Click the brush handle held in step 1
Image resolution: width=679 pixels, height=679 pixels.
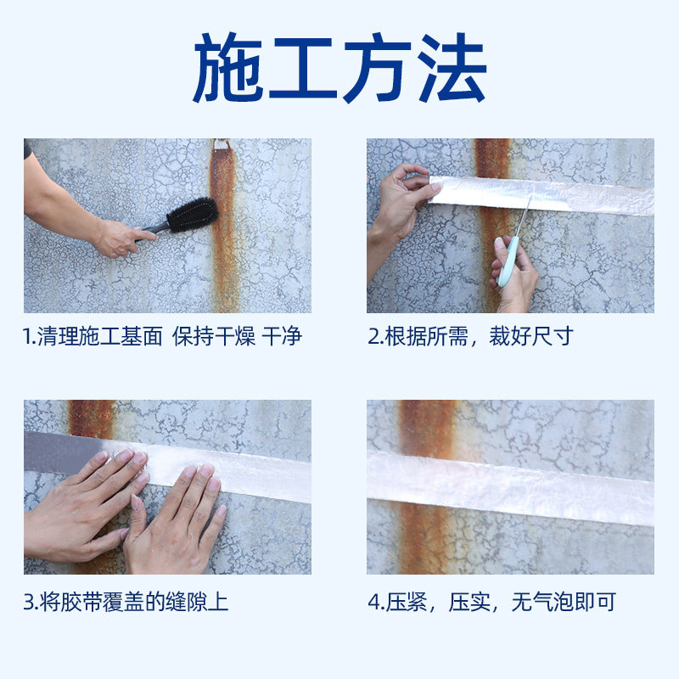pyautogui.click(x=151, y=227)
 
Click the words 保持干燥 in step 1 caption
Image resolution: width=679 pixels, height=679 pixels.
pyautogui.click(x=213, y=336)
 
